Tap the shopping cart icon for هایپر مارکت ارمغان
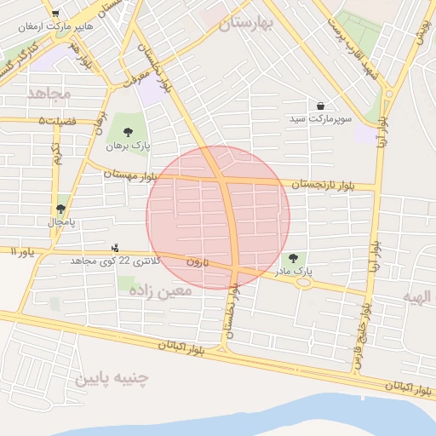56,14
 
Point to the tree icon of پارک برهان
128,131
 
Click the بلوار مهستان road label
131,174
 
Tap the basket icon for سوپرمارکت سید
320,106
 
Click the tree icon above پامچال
61,208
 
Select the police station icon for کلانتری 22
115,249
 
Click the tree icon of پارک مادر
294,258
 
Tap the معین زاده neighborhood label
161,290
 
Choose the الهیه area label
417,296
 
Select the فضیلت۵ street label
57,121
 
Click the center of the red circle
218,217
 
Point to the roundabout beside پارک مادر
303,282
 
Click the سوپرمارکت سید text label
320,117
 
